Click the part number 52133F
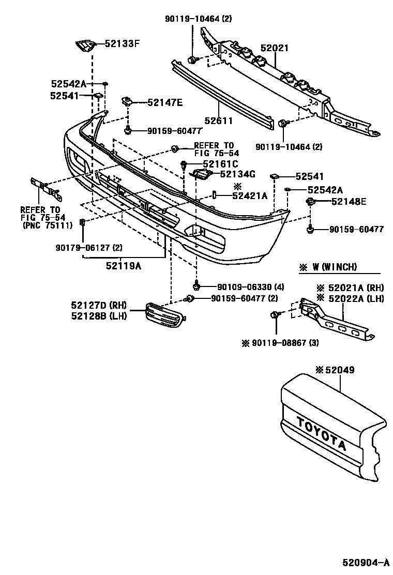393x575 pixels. click(123, 44)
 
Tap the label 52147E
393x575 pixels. click(165, 102)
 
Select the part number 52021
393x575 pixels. click(275, 48)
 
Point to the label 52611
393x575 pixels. click(219, 121)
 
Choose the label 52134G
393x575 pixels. click(238, 174)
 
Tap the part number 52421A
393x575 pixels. click(250, 195)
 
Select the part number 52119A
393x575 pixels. click(124, 266)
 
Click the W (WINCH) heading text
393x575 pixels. click(335, 267)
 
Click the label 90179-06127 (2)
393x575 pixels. click(89, 248)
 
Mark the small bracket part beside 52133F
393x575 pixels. click(85, 46)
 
